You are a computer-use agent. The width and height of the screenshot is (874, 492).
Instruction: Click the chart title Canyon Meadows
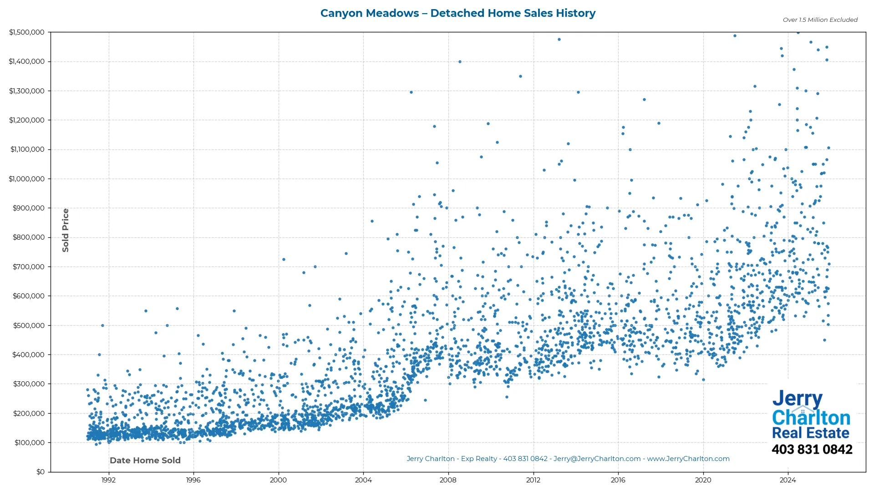pos(457,13)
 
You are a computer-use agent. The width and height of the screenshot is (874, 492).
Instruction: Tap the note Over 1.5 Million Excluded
pos(820,20)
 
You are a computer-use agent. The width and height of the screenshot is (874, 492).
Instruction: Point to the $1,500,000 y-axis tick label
pos(27,32)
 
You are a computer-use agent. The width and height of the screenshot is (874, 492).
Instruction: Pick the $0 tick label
pos(41,472)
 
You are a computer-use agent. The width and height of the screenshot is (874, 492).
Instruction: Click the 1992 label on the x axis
pos(108,480)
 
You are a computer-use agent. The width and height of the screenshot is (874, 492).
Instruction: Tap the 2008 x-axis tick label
pos(448,480)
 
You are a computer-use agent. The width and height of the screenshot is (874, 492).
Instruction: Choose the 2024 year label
pos(788,480)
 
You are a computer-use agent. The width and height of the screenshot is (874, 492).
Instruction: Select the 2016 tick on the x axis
pos(618,480)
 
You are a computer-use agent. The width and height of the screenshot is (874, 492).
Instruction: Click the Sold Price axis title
pos(66,230)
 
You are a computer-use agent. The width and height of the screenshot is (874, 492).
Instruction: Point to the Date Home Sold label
pos(145,461)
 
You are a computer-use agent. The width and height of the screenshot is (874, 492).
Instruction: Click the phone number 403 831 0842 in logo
pos(812,450)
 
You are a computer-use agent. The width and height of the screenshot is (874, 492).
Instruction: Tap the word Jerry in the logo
pos(797,399)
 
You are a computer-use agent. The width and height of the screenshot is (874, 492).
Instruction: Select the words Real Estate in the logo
pos(810,433)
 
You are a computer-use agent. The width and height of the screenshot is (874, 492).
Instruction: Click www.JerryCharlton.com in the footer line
pos(688,459)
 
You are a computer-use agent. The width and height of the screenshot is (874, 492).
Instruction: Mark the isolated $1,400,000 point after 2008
pos(460,62)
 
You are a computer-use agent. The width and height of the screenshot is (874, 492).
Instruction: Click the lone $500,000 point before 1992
pos(102,326)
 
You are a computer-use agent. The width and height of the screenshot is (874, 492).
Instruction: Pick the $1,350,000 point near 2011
pos(520,77)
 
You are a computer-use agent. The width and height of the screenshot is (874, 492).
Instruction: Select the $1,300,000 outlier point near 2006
pos(411,92)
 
